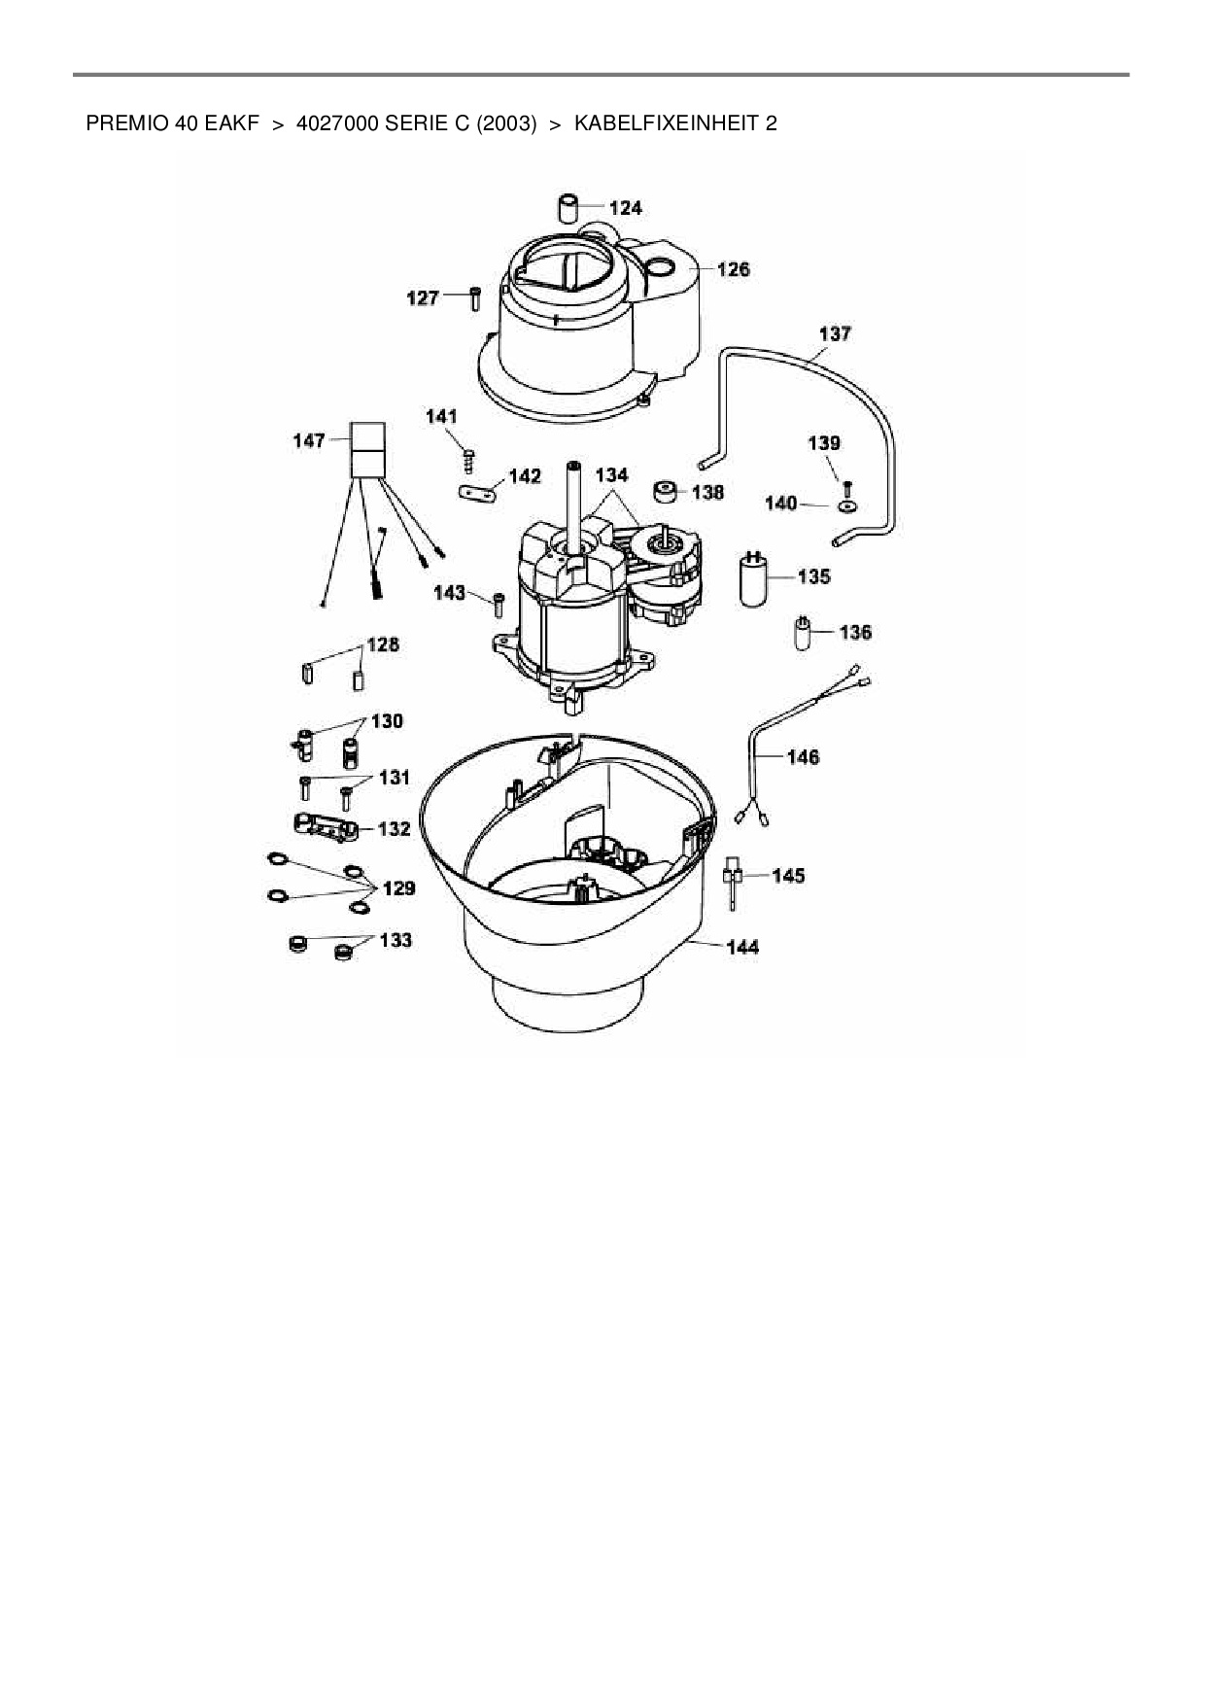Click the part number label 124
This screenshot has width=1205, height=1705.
pos(626,208)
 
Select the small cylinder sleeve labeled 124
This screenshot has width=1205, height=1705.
pos(568,208)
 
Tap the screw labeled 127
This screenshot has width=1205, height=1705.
pos(475,298)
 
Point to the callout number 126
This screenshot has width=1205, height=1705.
pos(733,269)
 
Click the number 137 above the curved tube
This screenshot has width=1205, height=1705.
pos(835,334)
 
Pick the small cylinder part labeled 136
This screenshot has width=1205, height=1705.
pos(803,632)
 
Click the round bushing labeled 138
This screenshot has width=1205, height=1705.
pos(667,492)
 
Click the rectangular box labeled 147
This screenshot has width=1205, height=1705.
pos(368,450)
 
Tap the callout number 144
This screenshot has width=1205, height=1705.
pos(742,947)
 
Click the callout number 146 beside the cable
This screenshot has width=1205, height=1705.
pos(804,757)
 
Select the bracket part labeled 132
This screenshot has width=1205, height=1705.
pos(326,826)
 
